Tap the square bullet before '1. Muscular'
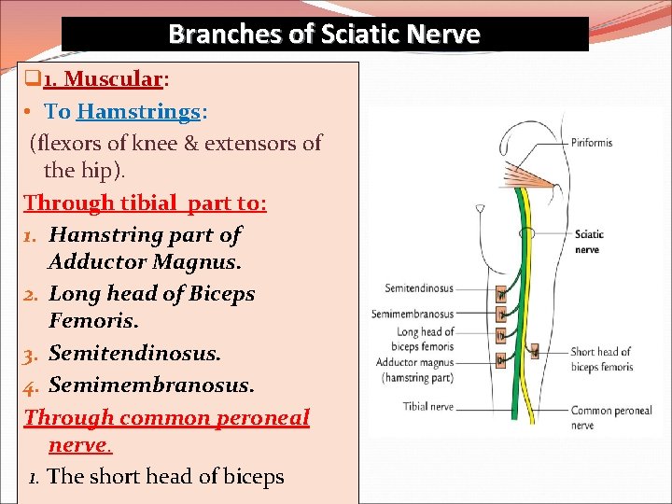tap(31, 81)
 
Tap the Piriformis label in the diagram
tap(592, 143)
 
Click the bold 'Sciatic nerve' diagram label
tap(589, 242)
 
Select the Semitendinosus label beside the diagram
tap(417, 291)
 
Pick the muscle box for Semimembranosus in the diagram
tap(501, 315)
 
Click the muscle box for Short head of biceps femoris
tap(534, 352)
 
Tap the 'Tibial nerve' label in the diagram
tap(427, 406)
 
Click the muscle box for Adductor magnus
tap(501, 358)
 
